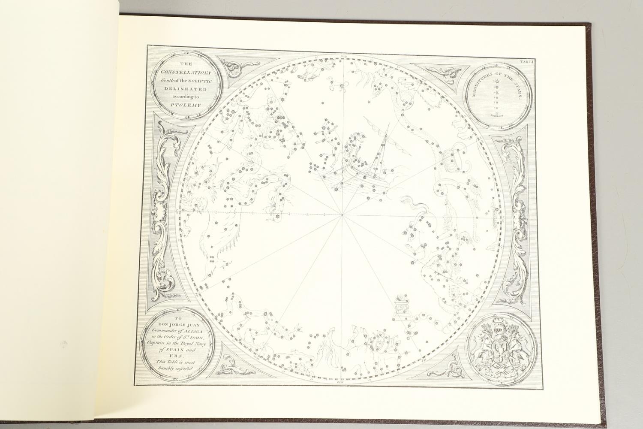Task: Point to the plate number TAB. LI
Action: tap(526, 63)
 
